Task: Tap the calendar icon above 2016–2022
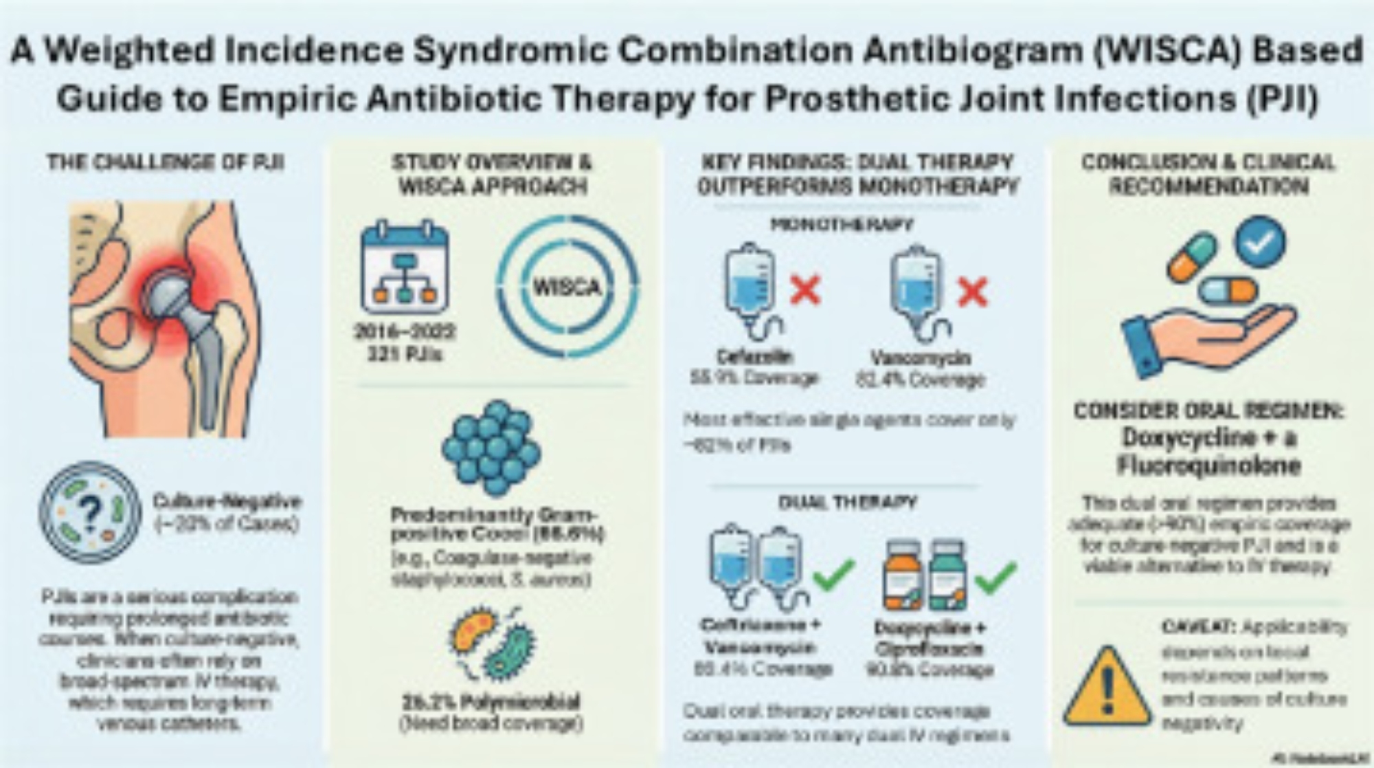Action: [x=405, y=267]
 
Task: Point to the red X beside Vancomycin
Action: [x=971, y=292]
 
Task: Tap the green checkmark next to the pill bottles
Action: [x=996, y=577]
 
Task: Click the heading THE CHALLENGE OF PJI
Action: [x=166, y=163]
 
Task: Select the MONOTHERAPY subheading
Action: [x=842, y=224]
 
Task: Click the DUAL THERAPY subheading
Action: [x=847, y=503]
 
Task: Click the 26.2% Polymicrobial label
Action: [x=491, y=702]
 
